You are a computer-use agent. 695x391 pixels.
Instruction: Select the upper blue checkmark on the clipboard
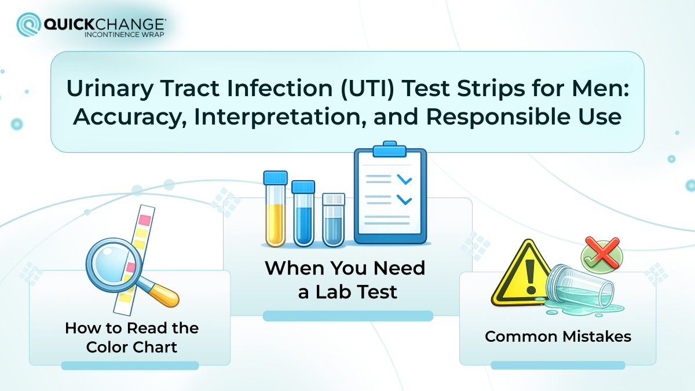click(x=404, y=180)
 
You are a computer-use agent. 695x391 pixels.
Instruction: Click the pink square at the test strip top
click(x=145, y=220)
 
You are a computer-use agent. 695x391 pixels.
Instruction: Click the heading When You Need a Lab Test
click(x=345, y=280)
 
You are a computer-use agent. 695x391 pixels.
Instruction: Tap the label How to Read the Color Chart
click(x=131, y=337)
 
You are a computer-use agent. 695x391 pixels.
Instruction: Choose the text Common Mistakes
click(x=557, y=336)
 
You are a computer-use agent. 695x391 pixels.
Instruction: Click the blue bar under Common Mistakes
click(x=557, y=366)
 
